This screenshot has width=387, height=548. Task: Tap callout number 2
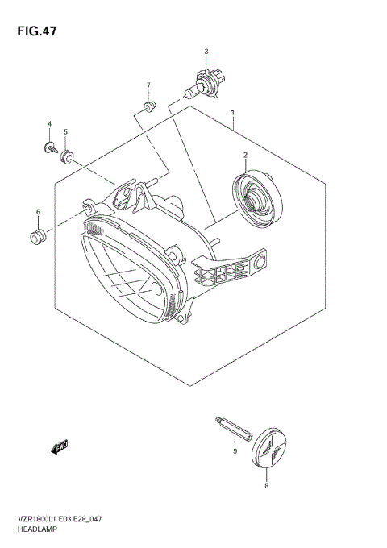click(245, 154)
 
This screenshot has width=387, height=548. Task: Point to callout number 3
click(206, 52)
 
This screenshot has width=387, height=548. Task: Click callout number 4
click(49, 124)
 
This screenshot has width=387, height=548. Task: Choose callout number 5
click(65, 131)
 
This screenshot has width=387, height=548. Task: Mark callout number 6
click(37, 212)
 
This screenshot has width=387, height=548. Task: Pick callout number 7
click(148, 85)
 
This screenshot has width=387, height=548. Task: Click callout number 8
click(267, 485)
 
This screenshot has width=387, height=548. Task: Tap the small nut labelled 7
click(148, 106)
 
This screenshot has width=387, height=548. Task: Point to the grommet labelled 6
click(37, 236)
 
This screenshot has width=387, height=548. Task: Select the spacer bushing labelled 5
click(67, 153)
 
